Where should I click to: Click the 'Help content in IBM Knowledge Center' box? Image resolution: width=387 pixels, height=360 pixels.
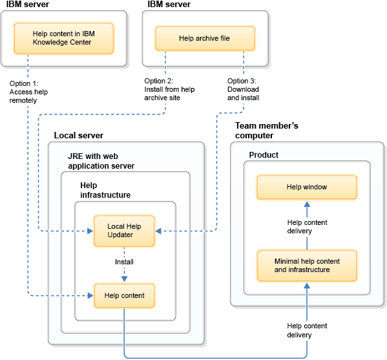[x=64, y=38]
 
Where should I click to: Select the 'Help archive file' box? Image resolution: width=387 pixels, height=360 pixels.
[x=204, y=38]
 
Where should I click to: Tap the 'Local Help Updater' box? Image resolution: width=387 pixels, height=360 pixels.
[x=124, y=231]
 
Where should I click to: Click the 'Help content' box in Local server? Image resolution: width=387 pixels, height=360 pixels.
[x=124, y=295]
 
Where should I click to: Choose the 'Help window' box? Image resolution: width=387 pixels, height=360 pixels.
[x=307, y=187]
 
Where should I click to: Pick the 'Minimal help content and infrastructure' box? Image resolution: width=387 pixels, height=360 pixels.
[x=307, y=266]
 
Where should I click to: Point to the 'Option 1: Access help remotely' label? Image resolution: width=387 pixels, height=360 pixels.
[x=28, y=92]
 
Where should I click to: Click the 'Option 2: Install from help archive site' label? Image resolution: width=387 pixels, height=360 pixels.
[x=169, y=89]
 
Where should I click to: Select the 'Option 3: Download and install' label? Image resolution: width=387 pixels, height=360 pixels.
[x=244, y=89]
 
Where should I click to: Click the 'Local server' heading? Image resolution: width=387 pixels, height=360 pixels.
[x=78, y=136]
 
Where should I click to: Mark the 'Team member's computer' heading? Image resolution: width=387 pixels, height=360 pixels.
[x=266, y=131]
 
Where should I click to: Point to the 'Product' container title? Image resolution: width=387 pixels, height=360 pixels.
[x=264, y=156]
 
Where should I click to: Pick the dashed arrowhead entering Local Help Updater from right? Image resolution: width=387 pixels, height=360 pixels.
[x=158, y=231]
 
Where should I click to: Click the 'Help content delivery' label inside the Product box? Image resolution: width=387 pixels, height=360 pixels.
[x=307, y=227]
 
